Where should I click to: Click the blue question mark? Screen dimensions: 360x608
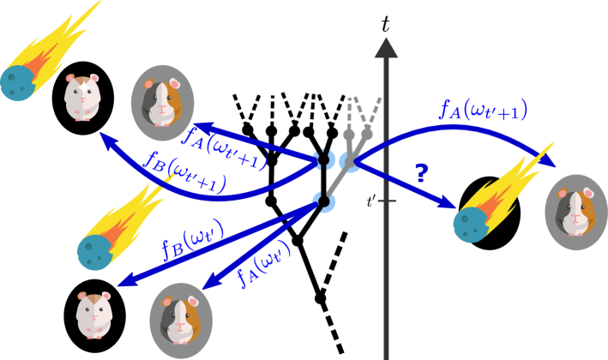pos(420,172)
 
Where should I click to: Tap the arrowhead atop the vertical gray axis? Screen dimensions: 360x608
pos(387,48)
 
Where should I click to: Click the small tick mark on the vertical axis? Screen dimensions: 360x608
pos(387,201)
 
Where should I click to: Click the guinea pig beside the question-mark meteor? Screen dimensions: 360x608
pos(575,212)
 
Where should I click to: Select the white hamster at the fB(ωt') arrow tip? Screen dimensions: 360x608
pos(93,315)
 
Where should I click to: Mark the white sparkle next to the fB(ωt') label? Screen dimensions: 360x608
pos(160,256)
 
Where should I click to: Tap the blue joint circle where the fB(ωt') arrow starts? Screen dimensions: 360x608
pos(323,202)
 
